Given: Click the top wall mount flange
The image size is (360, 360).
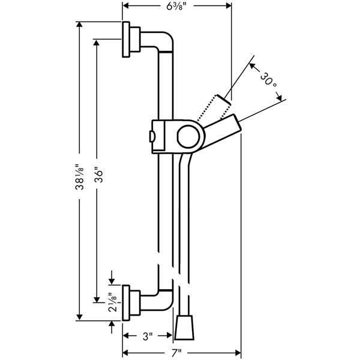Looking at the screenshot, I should click(x=127, y=41).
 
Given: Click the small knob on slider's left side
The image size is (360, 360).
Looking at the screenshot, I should click(x=151, y=135).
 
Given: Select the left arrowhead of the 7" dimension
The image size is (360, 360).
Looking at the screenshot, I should click(x=125, y=352).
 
